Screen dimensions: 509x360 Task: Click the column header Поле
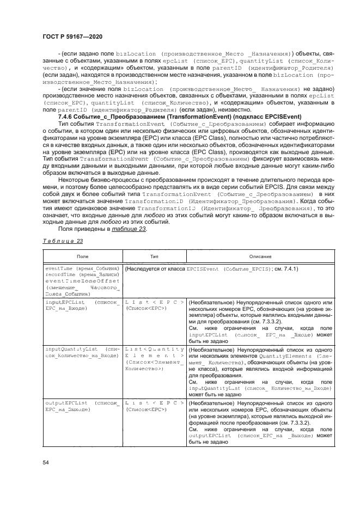pyautogui.click(x=83, y=255)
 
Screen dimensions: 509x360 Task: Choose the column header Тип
pyautogui.click(x=155, y=255)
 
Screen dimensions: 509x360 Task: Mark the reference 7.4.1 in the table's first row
pyautogui.click(x=289, y=269)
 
